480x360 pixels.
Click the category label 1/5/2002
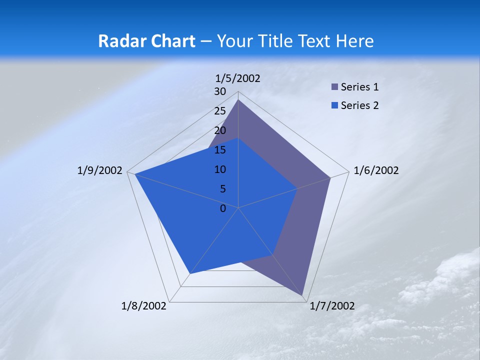pyautogui.click(x=238, y=78)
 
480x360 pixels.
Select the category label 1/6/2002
pyautogui.click(x=376, y=170)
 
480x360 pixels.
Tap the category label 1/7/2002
pyautogui.click(x=332, y=306)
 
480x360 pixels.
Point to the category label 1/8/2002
pyautogui.click(x=144, y=306)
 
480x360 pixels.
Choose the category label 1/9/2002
pyautogui.click(x=100, y=170)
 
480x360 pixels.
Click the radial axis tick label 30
pyautogui.click(x=220, y=91)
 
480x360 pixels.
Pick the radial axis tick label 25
pyautogui.click(x=220, y=111)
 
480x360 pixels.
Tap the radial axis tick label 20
pyautogui.click(x=220, y=130)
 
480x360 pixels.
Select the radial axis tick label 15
pyautogui.click(x=220, y=150)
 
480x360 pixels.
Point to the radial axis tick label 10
pyautogui.click(x=220, y=169)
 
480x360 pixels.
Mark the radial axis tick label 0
pyautogui.click(x=223, y=208)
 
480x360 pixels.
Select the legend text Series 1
pyautogui.click(x=359, y=87)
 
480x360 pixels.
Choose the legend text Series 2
pyautogui.click(x=359, y=105)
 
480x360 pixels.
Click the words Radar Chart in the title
pyautogui.click(x=146, y=41)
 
